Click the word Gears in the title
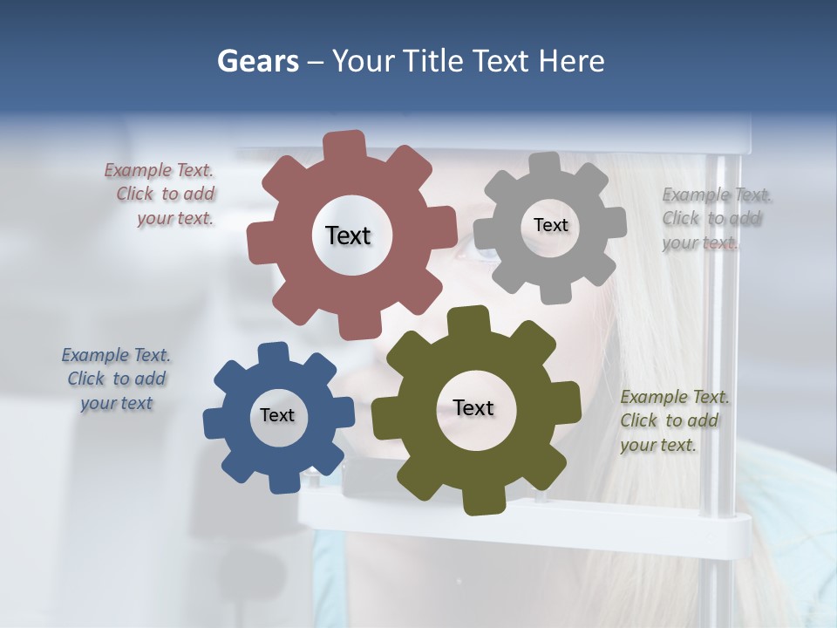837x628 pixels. pyautogui.click(x=257, y=61)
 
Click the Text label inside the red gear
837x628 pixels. pyautogui.click(x=348, y=235)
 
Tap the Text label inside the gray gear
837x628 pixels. pyautogui.click(x=550, y=225)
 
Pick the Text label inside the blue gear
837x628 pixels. pyautogui.click(x=277, y=415)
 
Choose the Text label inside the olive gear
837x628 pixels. pyautogui.click(x=473, y=407)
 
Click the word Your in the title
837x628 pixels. pyautogui.click(x=365, y=61)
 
